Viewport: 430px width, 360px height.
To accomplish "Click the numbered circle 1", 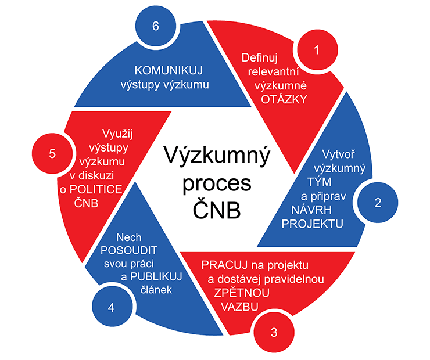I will click(316, 50).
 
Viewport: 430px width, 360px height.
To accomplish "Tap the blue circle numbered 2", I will click(378, 203).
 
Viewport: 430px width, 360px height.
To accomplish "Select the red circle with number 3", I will click(274, 333).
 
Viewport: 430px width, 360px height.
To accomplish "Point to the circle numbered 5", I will click(52, 154).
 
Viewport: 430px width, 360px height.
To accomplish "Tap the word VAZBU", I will click(232, 306).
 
